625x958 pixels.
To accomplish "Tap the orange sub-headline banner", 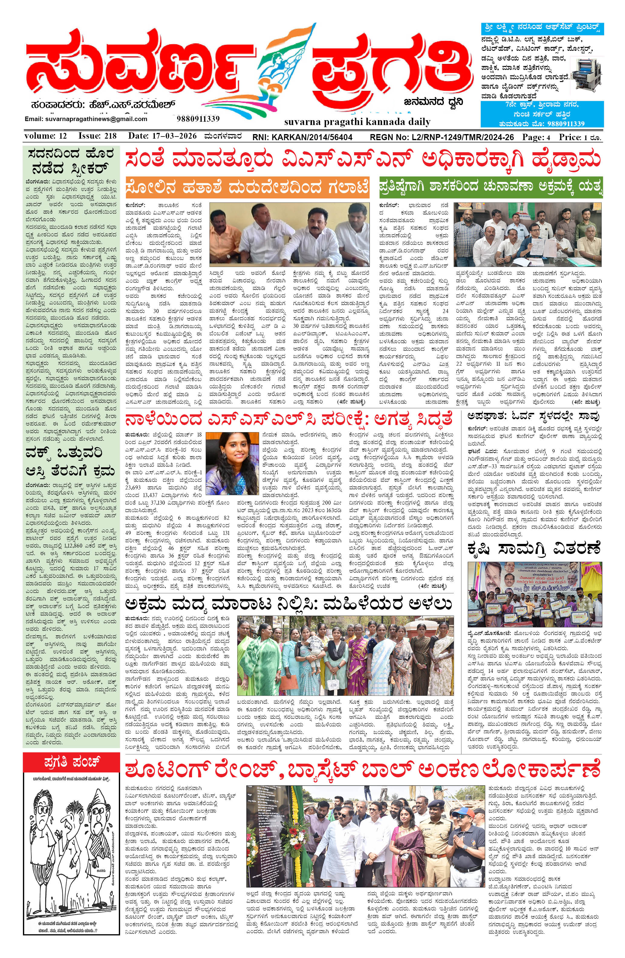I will (247, 187).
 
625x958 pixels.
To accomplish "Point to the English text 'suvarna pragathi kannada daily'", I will (357, 122).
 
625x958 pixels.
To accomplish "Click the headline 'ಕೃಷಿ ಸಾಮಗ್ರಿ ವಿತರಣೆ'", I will (534, 548).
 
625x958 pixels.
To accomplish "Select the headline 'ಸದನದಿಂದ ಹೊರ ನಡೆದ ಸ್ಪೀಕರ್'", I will (71, 160).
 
